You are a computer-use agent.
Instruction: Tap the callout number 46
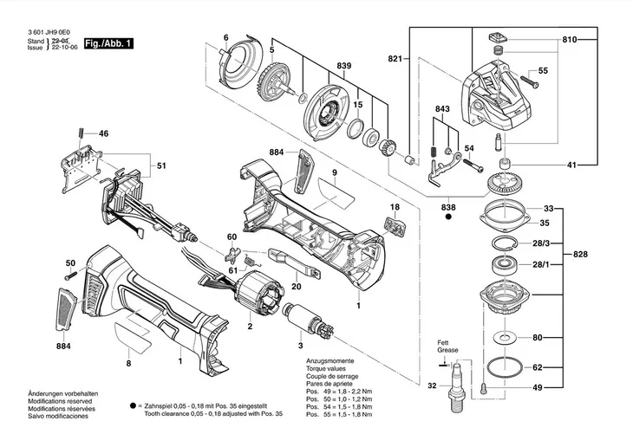(103, 133)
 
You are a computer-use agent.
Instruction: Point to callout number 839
(320, 67)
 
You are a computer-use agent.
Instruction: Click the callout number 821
(395, 58)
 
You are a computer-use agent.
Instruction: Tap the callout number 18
(395, 208)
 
